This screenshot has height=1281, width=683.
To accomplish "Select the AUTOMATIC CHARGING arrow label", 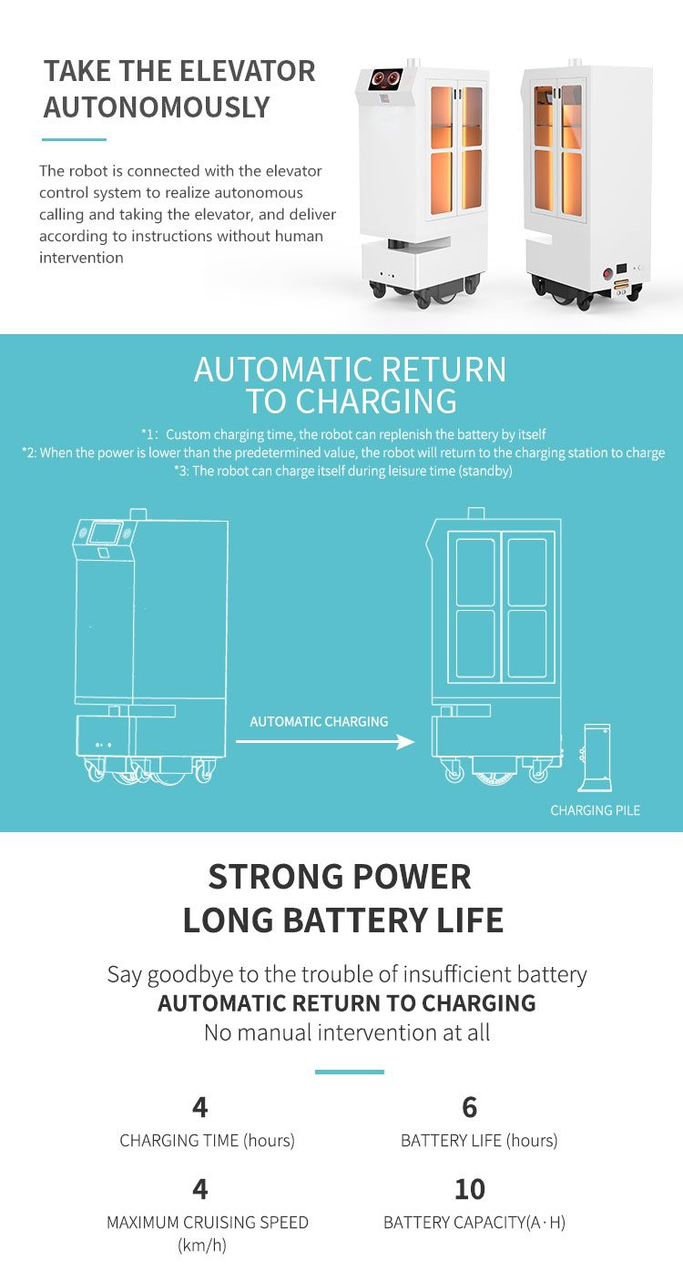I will (319, 721).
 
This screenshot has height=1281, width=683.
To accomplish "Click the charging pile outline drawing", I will (596, 756).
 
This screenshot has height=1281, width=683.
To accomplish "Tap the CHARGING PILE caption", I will (595, 810).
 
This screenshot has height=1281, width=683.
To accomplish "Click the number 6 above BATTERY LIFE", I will (470, 1107).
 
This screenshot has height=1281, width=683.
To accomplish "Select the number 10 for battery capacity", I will (470, 1189).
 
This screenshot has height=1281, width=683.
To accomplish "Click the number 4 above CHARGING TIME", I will (200, 1107).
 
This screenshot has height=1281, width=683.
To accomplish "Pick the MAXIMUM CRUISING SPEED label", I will (208, 1223).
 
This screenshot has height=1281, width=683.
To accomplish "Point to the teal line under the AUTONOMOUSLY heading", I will (75, 139).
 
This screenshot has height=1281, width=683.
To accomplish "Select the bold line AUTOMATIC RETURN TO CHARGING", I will (347, 1003).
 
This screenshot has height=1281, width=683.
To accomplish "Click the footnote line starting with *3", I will (343, 471).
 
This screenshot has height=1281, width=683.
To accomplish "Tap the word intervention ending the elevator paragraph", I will (81, 258).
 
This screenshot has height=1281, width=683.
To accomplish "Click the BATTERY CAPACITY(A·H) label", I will (474, 1223).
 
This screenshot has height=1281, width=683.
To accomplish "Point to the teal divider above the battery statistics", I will (349, 1072).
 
